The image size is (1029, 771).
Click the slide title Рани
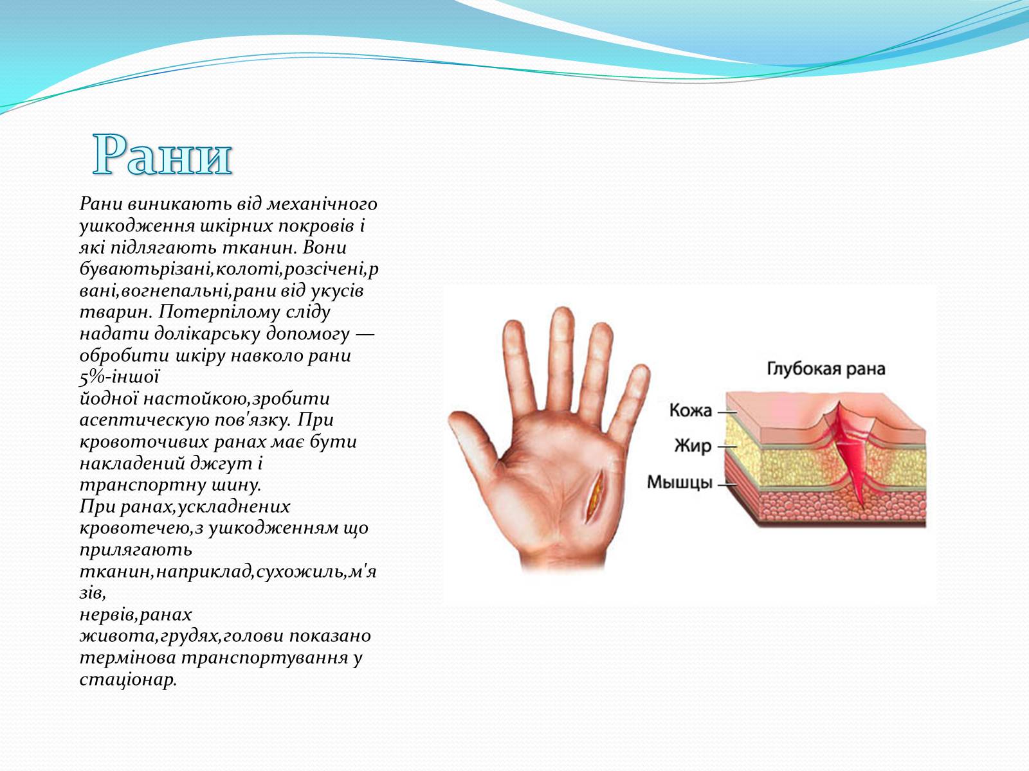tap(162, 154)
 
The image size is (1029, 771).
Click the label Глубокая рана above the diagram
tap(826, 369)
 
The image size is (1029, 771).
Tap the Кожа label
tap(691, 411)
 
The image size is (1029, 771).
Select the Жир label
tap(693, 446)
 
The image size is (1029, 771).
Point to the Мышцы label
tap(680, 482)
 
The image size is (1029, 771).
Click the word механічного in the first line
tap(322, 204)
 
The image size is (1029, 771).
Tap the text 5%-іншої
tap(120, 377)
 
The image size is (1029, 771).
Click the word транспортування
tap(265, 658)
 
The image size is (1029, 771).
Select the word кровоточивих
tap(144, 442)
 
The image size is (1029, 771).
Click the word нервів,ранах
tap(136, 615)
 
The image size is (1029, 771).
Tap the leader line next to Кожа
tap(727, 412)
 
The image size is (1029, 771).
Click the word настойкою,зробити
tap(236, 399)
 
